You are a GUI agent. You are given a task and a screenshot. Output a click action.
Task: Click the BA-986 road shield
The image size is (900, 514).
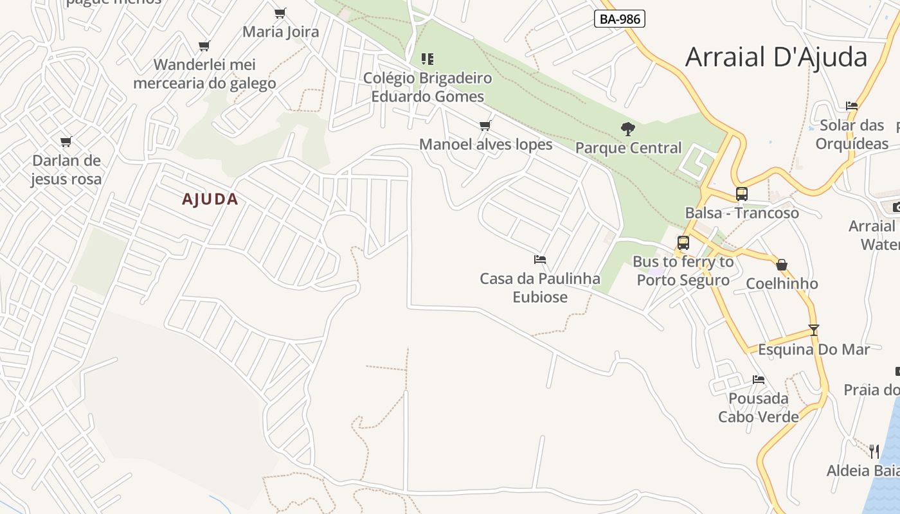point(619,19)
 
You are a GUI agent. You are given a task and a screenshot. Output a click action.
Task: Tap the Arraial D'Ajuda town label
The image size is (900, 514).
point(776,57)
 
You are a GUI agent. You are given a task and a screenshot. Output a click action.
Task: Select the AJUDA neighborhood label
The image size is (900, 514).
point(210,199)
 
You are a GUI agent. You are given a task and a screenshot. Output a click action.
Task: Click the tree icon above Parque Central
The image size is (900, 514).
point(628,129)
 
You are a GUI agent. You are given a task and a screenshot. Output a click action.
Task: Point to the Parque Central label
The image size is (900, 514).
point(628,148)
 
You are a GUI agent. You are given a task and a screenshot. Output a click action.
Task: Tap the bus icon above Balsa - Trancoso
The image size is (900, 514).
point(741,193)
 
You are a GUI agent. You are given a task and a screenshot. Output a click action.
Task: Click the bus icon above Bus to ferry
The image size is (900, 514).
point(683,242)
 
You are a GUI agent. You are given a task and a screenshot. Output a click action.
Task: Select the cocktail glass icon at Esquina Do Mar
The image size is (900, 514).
point(814,330)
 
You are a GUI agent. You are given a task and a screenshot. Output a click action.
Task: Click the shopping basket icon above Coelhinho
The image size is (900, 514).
point(782,265)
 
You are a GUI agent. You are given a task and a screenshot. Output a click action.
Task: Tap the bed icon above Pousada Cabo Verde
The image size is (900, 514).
point(759,380)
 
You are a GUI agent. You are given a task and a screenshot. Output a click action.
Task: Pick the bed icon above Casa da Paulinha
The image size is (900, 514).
point(540,260)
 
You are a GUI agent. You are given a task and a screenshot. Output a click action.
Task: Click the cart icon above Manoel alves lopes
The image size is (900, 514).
point(485,125)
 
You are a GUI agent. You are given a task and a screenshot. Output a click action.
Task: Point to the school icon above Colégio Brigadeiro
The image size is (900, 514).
point(428,59)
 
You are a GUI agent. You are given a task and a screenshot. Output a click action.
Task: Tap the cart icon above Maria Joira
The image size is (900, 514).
point(280,13)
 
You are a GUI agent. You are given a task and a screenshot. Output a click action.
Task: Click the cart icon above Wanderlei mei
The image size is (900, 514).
point(204,46)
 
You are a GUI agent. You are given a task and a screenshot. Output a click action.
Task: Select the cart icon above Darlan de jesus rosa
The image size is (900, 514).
point(66,141)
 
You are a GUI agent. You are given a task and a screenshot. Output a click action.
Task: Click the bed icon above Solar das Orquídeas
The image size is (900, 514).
point(852,106)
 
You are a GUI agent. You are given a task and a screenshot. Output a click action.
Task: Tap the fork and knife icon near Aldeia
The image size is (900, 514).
point(874,451)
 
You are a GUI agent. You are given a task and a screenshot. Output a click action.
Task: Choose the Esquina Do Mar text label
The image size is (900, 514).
point(813,350)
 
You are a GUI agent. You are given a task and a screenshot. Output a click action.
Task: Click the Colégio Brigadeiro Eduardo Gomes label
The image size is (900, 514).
point(428,87)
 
